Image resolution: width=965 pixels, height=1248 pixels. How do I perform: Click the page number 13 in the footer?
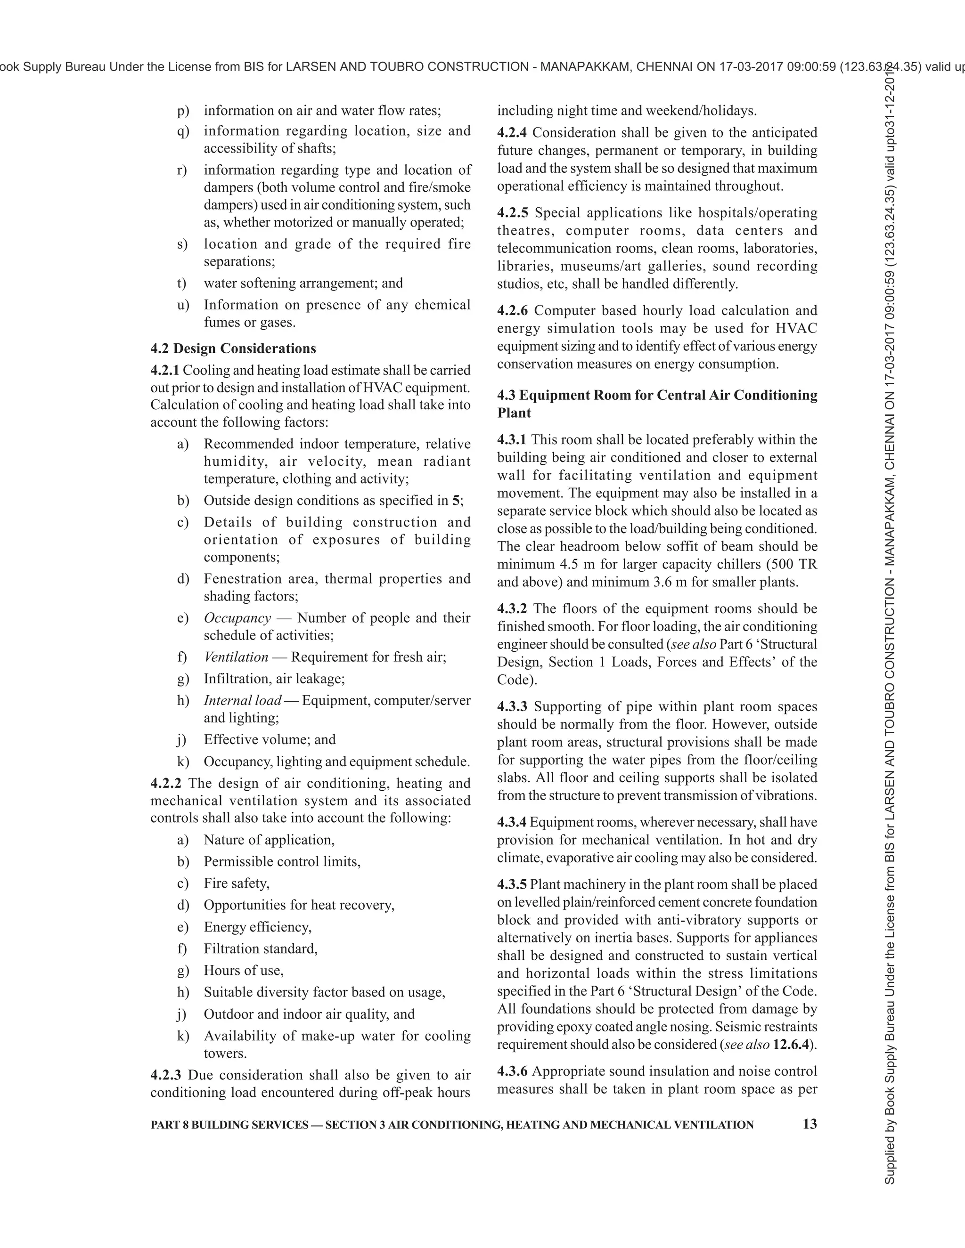coord(810,1124)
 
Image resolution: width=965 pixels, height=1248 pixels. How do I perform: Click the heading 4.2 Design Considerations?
coord(233,348)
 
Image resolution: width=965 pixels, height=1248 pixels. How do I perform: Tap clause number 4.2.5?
coord(513,212)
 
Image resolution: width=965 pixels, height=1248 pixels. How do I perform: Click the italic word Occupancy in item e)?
coord(237,618)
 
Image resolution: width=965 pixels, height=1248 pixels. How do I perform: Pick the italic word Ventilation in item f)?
coord(236,656)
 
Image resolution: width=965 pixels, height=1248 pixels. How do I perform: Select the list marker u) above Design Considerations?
coord(183,305)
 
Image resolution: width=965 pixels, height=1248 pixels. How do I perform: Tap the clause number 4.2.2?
coord(166,784)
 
